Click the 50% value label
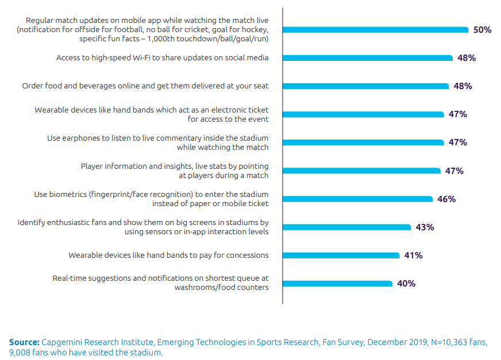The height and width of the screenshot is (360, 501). coord(482,30)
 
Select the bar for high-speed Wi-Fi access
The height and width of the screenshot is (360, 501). coord(368,58)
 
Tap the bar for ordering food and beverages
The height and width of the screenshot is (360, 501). coord(366,86)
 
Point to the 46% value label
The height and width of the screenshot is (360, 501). coord(446,199)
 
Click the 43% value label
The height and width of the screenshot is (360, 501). coord(425,227)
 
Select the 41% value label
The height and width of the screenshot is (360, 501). coord(413,256)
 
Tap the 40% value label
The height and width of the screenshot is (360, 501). coord(406,284)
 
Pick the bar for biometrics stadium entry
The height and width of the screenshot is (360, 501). coord(358,199)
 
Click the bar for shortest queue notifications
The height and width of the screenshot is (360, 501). coord(338,284)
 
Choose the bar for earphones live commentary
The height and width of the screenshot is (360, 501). coord(363,142)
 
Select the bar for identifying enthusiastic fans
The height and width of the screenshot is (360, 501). coord(347,227)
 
